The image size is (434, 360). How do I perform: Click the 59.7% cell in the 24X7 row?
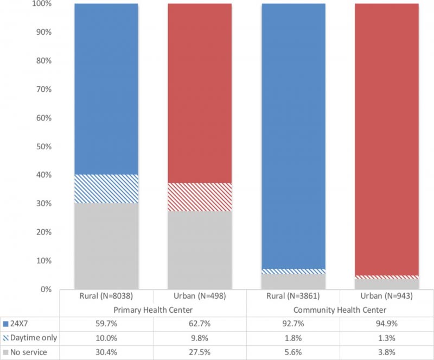point(106,324)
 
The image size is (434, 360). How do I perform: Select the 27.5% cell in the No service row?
point(200,352)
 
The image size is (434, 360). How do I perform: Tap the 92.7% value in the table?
point(293,324)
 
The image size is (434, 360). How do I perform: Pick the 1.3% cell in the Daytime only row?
point(387,338)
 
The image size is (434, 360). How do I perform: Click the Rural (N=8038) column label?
point(106,297)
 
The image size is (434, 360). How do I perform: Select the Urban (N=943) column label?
point(387,297)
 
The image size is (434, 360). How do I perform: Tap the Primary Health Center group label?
point(153,310)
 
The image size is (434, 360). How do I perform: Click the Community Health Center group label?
point(340,310)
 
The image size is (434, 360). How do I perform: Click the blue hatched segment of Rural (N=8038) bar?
point(106,188)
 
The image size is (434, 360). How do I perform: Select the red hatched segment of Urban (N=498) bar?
point(200,197)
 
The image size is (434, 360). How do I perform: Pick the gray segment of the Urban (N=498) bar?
point(200,250)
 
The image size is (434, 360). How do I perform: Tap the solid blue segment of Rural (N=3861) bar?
point(293,136)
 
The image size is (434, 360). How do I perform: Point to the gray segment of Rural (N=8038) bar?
point(106,246)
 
